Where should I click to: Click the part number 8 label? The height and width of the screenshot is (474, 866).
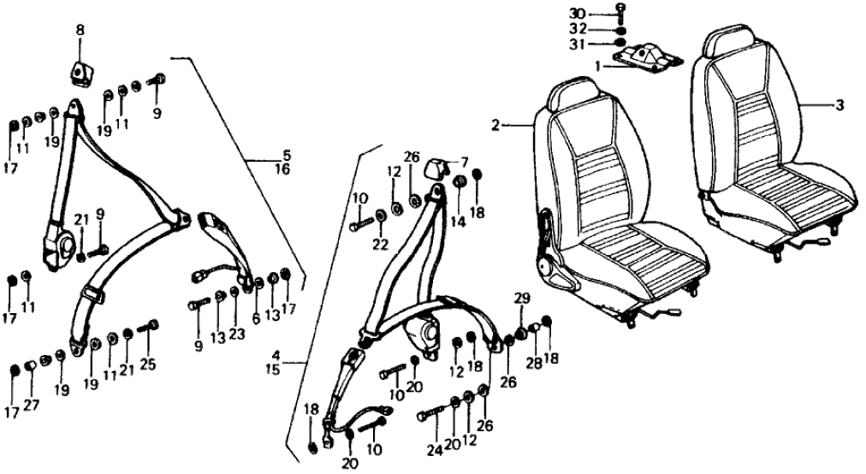[80, 30]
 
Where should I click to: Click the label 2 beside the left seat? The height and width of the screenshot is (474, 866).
[495, 125]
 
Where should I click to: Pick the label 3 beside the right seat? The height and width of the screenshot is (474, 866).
[840, 105]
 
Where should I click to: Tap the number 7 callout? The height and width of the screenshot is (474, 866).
[465, 162]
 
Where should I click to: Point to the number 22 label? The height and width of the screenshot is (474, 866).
[380, 245]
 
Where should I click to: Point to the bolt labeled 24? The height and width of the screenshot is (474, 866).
[433, 416]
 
